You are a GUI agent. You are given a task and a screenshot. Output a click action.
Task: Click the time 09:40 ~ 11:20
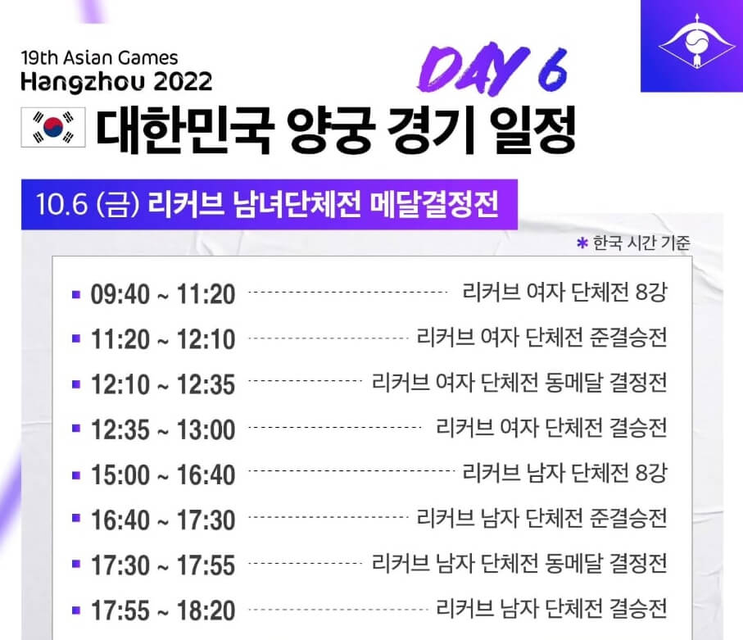162,293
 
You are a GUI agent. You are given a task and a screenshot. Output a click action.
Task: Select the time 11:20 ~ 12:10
162,338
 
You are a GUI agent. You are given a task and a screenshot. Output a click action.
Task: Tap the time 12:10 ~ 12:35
162,384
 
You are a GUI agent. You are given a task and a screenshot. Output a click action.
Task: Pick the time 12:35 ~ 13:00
162,429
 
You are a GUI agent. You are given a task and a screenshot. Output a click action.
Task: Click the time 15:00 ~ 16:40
162,474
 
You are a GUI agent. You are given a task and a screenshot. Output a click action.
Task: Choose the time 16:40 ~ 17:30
162,520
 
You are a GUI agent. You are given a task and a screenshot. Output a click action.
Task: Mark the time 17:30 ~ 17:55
162,565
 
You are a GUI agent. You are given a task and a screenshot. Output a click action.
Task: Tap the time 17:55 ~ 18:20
162,610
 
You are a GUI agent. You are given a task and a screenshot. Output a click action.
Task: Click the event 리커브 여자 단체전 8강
564,292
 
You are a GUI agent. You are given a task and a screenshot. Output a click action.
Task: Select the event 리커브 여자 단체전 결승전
552,427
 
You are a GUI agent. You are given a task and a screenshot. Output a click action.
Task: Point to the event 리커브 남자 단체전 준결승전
541,518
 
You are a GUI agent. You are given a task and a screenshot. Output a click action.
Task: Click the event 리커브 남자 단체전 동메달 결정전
519,563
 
